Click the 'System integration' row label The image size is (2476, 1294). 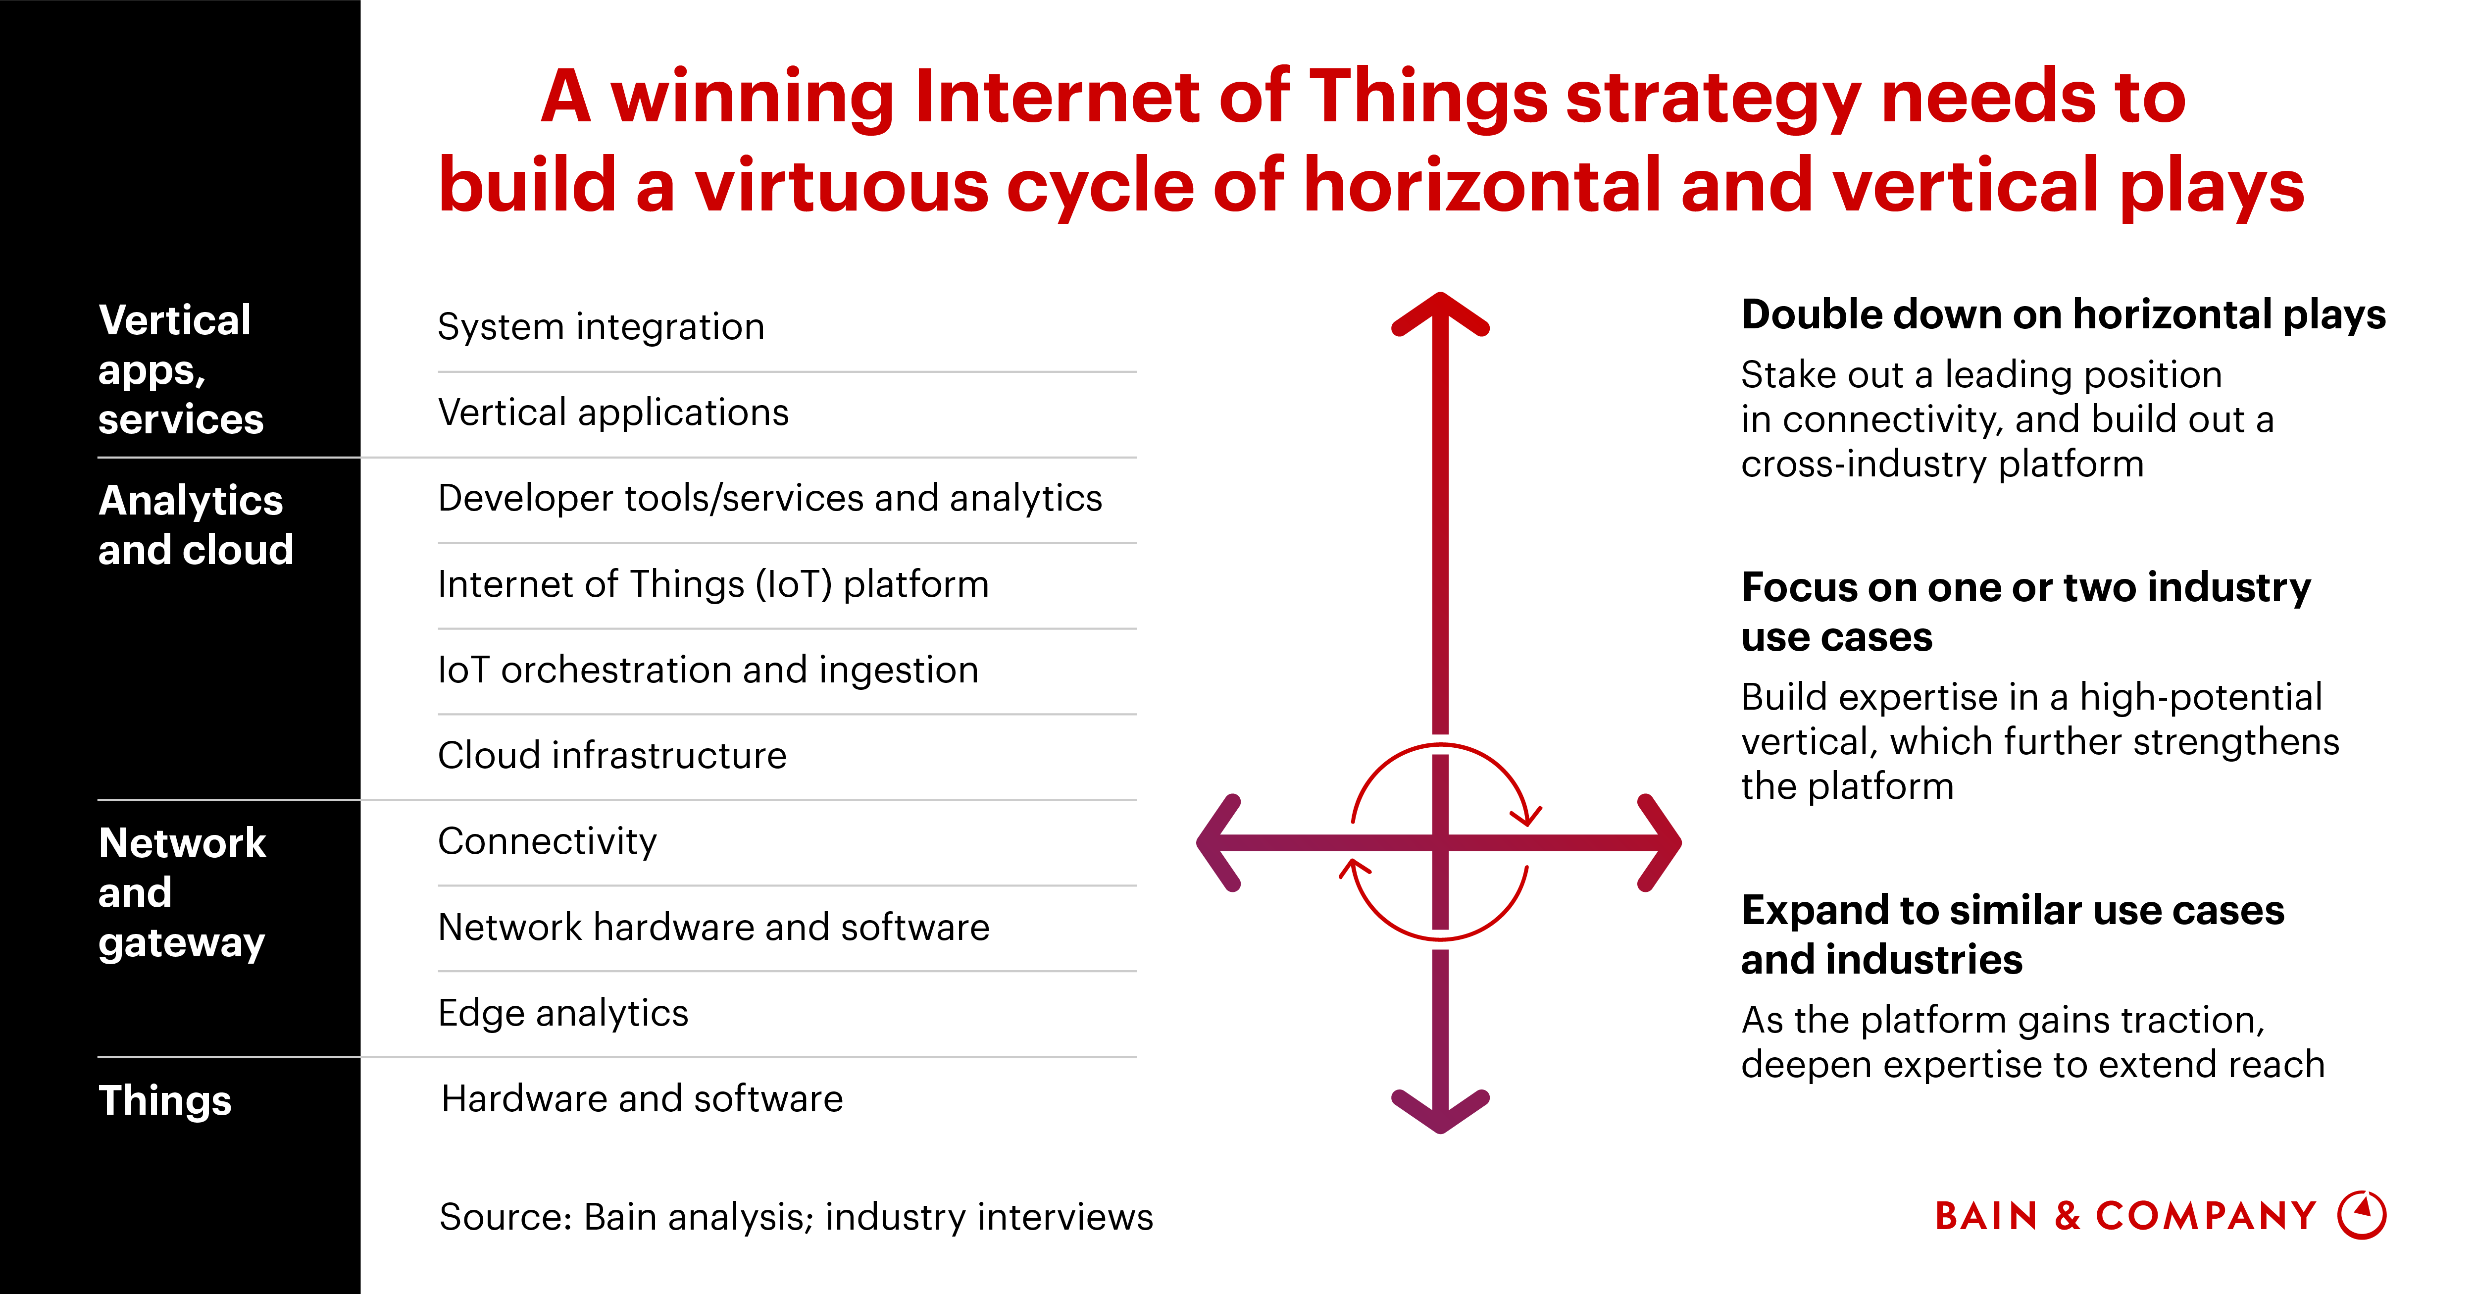pyautogui.click(x=601, y=327)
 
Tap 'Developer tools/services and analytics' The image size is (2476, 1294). pyautogui.click(x=769, y=498)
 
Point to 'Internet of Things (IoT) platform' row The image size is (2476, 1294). pyautogui.click(x=712, y=583)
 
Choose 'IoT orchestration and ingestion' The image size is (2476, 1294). pyautogui.click(x=707, y=669)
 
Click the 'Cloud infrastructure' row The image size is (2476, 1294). pyautogui.click(x=611, y=756)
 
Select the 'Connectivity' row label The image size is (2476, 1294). pyautogui.click(x=547, y=841)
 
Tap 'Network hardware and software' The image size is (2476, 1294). pyautogui.click(x=713, y=927)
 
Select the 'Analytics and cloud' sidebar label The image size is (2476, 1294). pyautogui.click(x=195, y=525)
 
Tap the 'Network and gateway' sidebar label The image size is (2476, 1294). pyautogui.click(x=182, y=892)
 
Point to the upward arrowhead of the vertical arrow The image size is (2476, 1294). pyautogui.click(x=1440, y=312)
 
